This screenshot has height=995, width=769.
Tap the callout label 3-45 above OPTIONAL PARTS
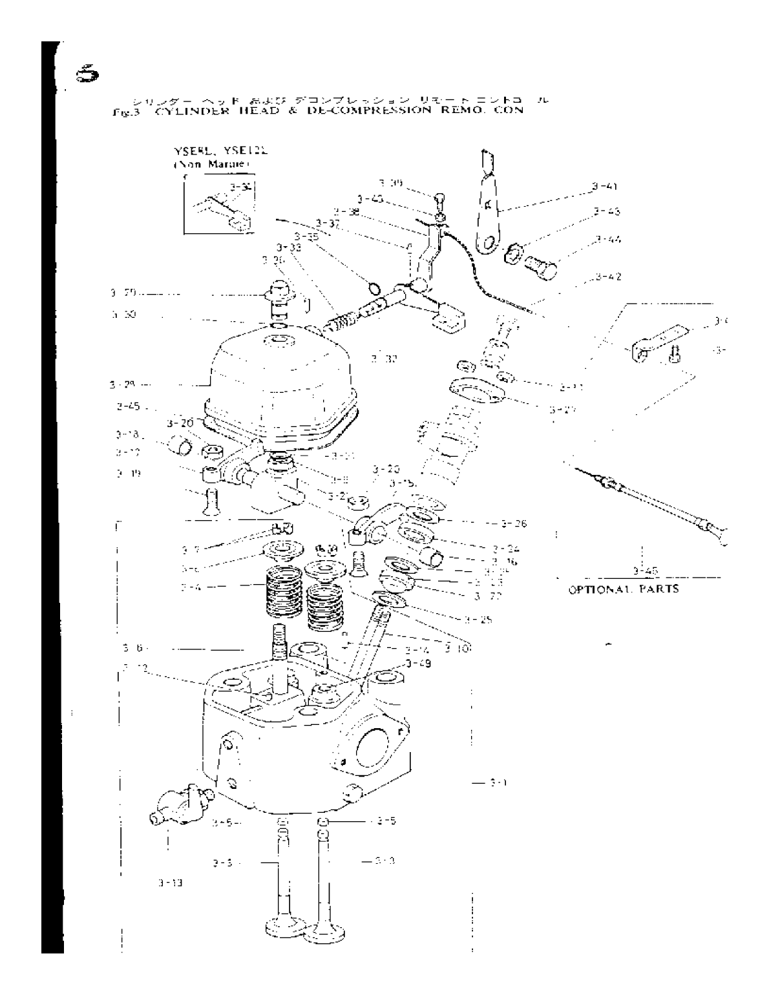(642, 570)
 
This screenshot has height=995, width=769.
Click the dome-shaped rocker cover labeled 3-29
(278, 372)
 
